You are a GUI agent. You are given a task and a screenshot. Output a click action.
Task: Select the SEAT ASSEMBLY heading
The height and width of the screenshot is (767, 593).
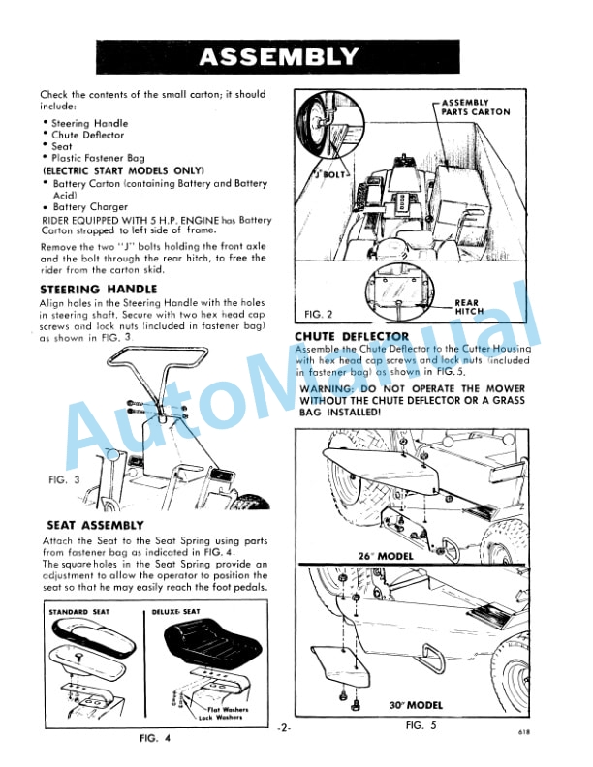coord(95,525)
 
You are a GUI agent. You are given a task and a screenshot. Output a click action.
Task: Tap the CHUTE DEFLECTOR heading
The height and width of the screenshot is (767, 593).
coord(351,336)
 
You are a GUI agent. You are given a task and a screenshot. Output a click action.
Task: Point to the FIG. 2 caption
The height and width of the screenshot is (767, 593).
coord(318,314)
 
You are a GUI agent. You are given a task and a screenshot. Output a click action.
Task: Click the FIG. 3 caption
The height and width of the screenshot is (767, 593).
coord(63,479)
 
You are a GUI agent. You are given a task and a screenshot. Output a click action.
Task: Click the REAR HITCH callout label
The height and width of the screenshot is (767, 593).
coord(469,307)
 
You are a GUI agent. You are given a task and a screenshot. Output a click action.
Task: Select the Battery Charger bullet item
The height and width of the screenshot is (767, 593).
coord(89,207)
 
